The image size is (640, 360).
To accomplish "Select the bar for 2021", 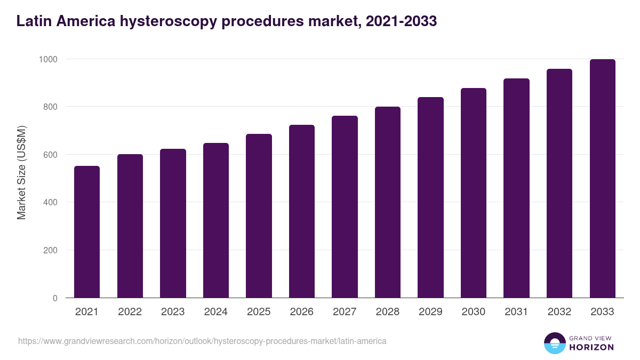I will tap(87, 232).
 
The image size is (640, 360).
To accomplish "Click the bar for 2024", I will tap(215, 220).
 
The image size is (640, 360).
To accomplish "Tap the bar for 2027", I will tap(345, 207).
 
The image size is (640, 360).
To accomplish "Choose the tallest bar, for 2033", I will tap(602, 179).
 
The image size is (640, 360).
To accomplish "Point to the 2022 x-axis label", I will tap(130, 312).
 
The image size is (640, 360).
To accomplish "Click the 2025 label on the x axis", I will tap(259, 312).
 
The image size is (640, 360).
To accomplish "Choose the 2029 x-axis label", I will tap(430, 312).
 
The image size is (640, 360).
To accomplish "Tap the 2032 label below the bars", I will tap(559, 312).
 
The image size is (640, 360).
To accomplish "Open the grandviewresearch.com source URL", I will tap(202, 341).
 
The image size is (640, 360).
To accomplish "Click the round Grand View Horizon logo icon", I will tap(554, 343).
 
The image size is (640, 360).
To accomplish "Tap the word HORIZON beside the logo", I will tap(591, 347).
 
